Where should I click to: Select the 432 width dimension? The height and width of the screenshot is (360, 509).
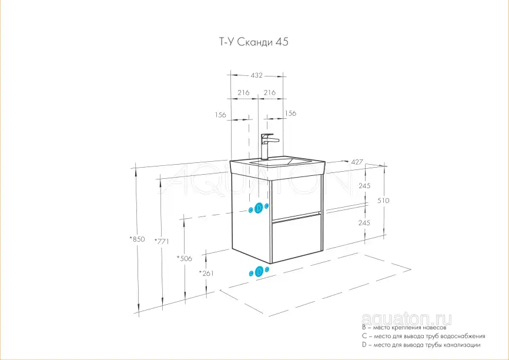pyautogui.click(x=256, y=75)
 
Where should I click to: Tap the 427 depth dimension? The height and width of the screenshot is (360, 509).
pyautogui.click(x=357, y=162)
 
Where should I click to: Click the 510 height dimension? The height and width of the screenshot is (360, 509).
pyautogui.click(x=383, y=201)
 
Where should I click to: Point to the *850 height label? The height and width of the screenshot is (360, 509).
pyautogui.click(x=137, y=239)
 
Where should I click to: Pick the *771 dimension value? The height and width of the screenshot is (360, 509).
pyautogui.click(x=161, y=241)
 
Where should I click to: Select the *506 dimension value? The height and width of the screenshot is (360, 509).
pyautogui.click(x=184, y=259)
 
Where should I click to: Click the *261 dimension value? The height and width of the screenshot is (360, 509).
pyautogui.click(x=206, y=274)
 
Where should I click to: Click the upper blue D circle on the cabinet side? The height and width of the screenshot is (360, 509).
pyautogui.click(x=259, y=208)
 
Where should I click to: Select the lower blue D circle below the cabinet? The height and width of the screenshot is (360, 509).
pyautogui.click(x=259, y=272)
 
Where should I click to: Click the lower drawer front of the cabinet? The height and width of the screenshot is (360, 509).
pyautogui.click(x=296, y=238)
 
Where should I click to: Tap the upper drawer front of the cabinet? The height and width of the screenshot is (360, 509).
pyautogui.click(x=296, y=197)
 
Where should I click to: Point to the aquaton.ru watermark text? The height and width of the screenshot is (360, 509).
pyautogui.click(x=406, y=319)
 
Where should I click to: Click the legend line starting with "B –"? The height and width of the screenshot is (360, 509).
pyautogui.click(x=404, y=328)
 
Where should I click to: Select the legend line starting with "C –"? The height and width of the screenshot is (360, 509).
pyautogui.click(x=424, y=336)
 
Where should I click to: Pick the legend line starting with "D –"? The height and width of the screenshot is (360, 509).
pyautogui.click(x=421, y=345)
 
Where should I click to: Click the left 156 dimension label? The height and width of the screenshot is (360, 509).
pyautogui.click(x=220, y=115)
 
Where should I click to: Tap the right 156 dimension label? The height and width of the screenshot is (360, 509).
pyautogui.click(x=290, y=114)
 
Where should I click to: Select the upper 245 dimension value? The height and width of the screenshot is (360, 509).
pyautogui.click(x=364, y=186)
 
